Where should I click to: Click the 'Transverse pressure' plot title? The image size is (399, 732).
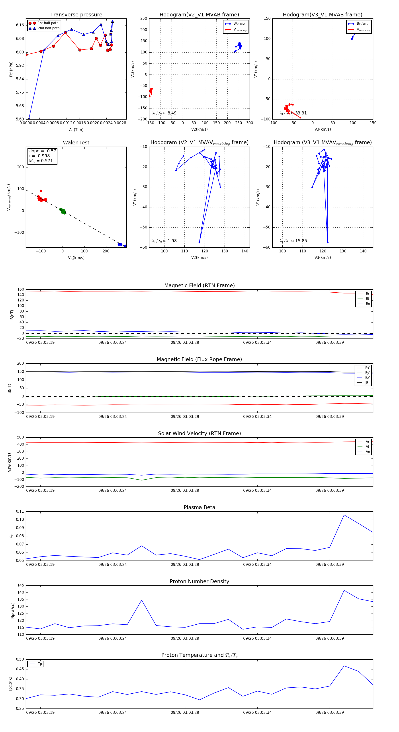point(76,15)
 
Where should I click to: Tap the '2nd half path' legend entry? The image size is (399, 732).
point(49,28)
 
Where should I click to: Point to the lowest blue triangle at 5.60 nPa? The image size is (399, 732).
point(29,119)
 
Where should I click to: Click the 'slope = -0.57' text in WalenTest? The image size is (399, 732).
point(42,151)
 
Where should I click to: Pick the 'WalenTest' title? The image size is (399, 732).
point(76,143)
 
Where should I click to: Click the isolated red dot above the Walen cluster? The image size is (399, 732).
point(41,191)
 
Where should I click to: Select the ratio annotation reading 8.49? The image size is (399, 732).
point(164,113)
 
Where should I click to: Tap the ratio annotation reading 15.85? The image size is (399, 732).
point(293,241)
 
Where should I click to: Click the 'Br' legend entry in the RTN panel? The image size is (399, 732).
point(368,294)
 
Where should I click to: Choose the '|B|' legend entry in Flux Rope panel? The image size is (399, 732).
point(367,383)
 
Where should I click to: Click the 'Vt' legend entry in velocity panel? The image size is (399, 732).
point(368,447)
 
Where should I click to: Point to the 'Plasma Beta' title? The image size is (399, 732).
point(199,508)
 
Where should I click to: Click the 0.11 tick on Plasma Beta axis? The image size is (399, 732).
point(20,512)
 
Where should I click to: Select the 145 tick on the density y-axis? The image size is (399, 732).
point(20,585)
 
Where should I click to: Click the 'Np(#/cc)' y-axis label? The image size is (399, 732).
point(12,610)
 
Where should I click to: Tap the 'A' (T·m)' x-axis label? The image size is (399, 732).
point(76,130)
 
